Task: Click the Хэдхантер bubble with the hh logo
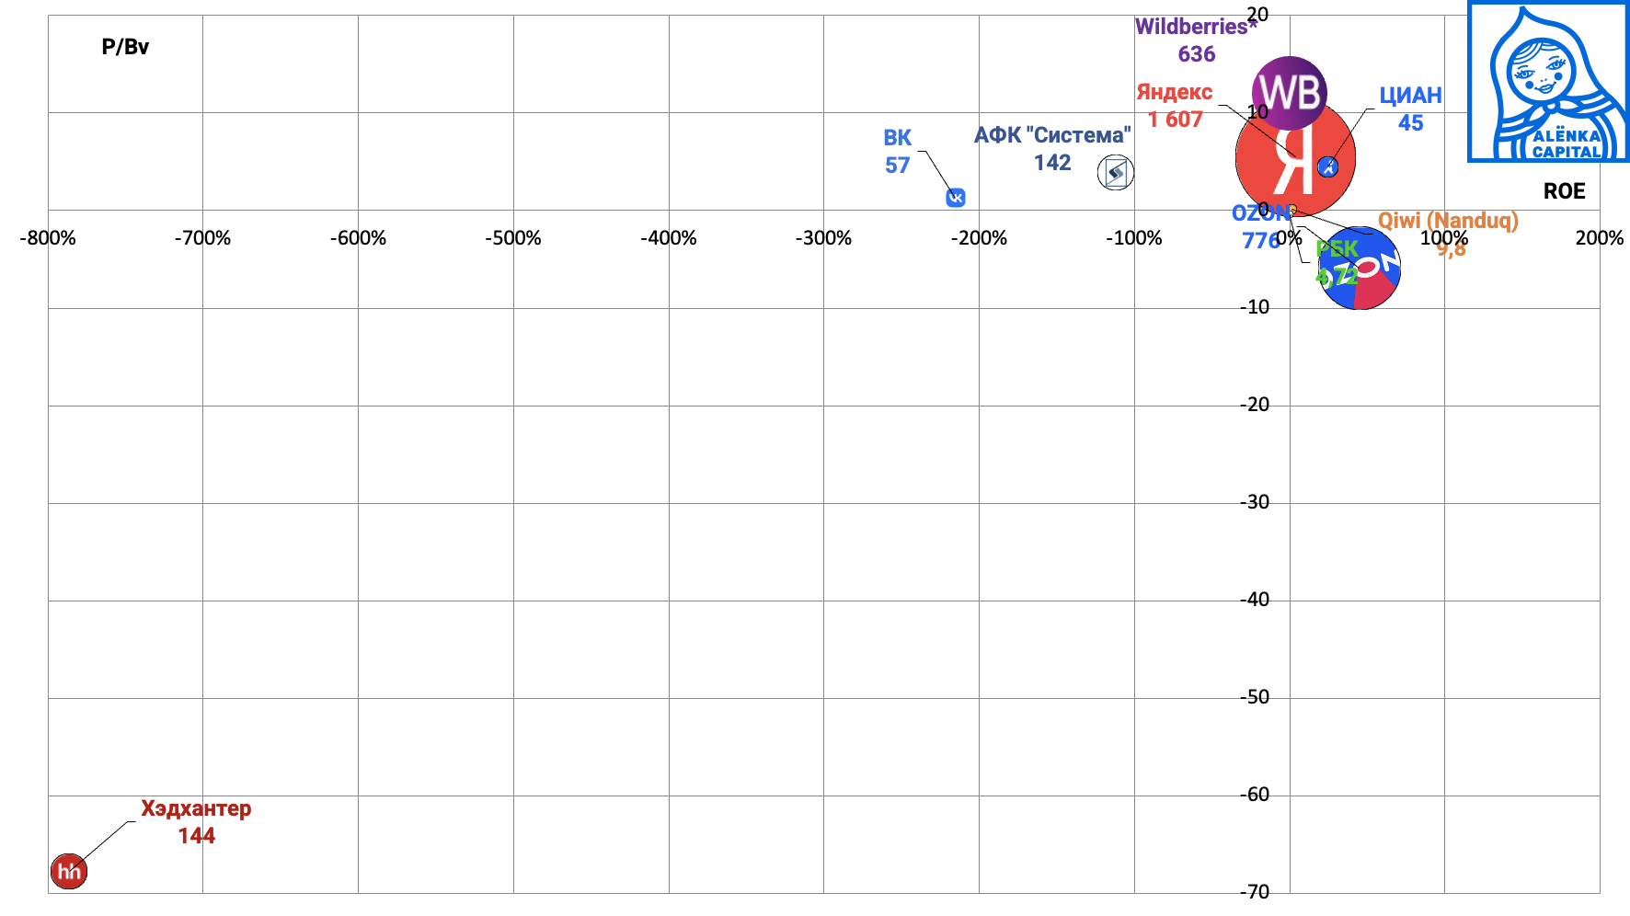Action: click(69, 871)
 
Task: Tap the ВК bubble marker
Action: click(956, 198)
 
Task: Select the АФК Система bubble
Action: click(1116, 172)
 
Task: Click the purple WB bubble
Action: click(1290, 92)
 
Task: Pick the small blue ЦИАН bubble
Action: click(1327, 166)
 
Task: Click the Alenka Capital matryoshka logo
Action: click(1548, 82)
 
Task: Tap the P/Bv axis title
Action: click(125, 47)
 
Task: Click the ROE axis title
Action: click(1564, 191)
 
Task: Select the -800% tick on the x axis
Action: click(48, 238)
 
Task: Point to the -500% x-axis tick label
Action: click(513, 238)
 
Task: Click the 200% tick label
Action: click(1599, 238)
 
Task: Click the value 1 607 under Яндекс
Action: click(1175, 120)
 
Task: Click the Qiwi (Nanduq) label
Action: click(1448, 221)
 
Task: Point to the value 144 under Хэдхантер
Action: click(196, 836)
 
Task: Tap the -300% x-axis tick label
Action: click(823, 238)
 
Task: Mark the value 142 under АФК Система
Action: click(1052, 163)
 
